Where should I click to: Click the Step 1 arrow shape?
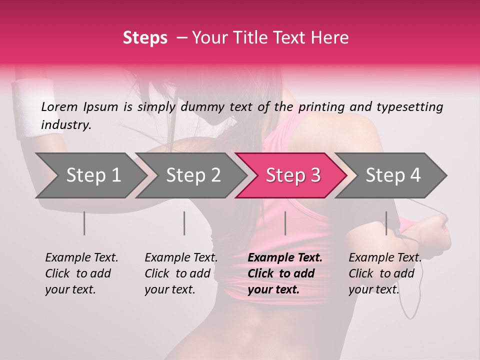coord(90,175)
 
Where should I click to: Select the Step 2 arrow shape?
coord(192,175)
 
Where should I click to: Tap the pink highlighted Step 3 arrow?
coord(292,175)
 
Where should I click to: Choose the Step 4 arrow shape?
coord(392,175)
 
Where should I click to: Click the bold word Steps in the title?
coord(145,38)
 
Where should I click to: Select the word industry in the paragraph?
coord(65,125)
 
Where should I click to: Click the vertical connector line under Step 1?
coord(84,223)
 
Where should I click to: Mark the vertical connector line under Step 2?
coord(184,223)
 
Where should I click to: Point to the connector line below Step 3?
coord(285,223)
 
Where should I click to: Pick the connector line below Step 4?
coord(386,223)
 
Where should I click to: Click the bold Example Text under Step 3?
coord(285,258)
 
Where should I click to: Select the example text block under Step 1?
coord(81,273)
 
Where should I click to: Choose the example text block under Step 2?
coord(181,273)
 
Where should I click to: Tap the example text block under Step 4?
coord(385,273)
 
